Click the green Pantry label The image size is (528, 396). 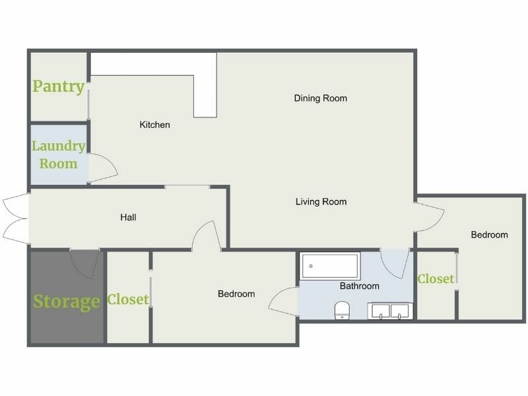[x=59, y=86]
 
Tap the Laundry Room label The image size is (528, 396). [x=58, y=154]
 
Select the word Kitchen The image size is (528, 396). [x=155, y=125]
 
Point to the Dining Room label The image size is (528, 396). [x=321, y=98]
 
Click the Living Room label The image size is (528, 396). [x=321, y=202]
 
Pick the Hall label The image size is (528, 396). [x=129, y=217]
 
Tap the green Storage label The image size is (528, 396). [x=67, y=302]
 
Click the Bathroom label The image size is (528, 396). [x=360, y=286]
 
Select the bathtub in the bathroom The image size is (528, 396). [x=331, y=266]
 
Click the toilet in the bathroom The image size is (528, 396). [x=342, y=310]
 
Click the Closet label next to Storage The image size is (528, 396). [x=128, y=300]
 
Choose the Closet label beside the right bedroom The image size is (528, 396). [x=436, y=279]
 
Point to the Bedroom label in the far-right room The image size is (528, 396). [x=489, y=234]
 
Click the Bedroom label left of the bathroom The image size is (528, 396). [x=236, y=294]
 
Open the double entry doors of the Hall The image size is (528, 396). [x=15, y=217]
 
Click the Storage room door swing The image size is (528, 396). [x=84, y=263]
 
